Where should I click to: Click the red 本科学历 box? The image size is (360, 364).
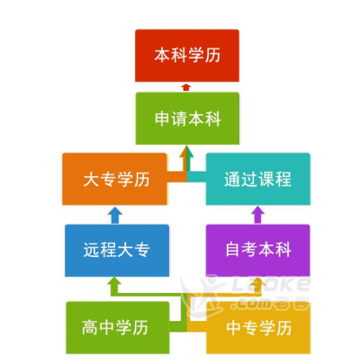pos(187,56)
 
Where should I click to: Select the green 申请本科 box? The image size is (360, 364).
pos(187,119)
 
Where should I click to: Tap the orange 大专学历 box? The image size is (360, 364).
pos(114,179)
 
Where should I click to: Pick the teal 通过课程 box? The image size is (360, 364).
pos(257,179)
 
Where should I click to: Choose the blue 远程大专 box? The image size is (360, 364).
pos(117,250)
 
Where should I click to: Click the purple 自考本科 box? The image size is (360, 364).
pos(257,250)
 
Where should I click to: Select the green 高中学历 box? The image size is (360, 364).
pos(118,327)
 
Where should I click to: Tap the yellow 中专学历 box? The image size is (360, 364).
pos(258,327)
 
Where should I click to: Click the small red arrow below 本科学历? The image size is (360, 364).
pos(186,87)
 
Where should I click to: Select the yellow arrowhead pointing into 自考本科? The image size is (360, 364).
pos(257,282)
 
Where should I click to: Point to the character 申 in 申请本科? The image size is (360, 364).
pos(163,119)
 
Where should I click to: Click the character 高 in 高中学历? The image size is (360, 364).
pos(90,327)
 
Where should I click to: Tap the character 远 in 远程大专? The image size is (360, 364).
pos(92,250)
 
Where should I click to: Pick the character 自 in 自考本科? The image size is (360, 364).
pos(233,250)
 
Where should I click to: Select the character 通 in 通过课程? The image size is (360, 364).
pos(232,179)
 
